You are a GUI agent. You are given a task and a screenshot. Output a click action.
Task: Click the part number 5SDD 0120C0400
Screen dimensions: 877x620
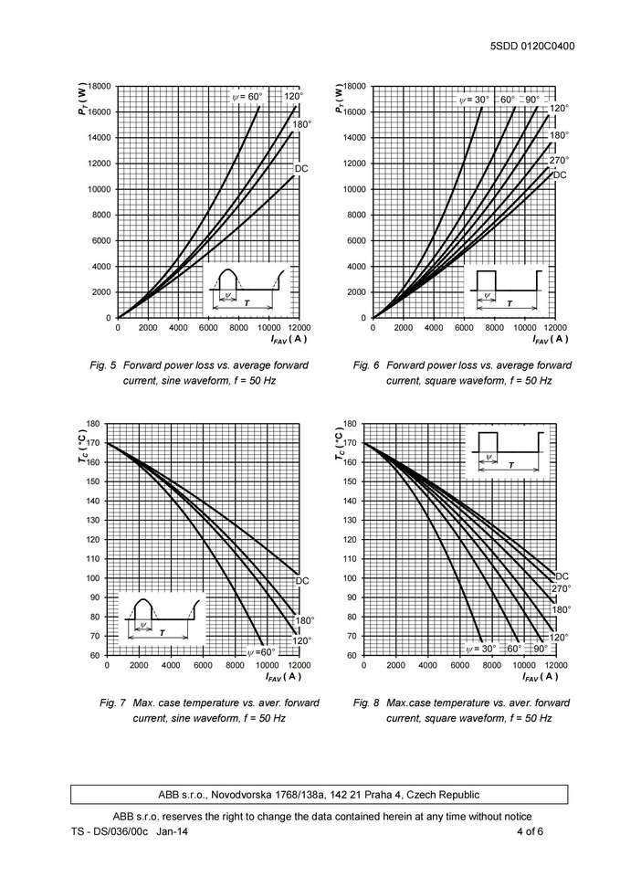533,46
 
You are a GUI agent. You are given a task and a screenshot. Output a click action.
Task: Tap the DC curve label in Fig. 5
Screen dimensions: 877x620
301,169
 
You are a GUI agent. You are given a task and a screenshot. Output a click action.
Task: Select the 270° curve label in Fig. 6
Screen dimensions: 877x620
559,161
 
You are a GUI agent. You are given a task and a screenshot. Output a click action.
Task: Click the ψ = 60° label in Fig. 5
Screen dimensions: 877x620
246,96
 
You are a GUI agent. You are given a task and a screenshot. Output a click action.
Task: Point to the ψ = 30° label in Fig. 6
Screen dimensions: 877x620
473,99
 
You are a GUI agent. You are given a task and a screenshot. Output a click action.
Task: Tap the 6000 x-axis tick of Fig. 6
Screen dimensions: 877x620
464,327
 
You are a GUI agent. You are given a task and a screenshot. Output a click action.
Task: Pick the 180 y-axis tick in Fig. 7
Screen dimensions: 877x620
93,424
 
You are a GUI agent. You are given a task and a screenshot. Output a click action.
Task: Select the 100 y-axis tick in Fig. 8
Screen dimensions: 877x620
349,578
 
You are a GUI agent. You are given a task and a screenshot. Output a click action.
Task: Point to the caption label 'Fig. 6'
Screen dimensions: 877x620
365,365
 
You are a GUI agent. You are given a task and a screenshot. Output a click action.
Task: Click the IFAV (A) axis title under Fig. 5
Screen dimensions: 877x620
289,340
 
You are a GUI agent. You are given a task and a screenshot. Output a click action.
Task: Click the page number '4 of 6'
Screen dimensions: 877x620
530,832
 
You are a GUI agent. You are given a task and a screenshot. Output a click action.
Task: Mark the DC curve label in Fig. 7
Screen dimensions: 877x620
302,580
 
